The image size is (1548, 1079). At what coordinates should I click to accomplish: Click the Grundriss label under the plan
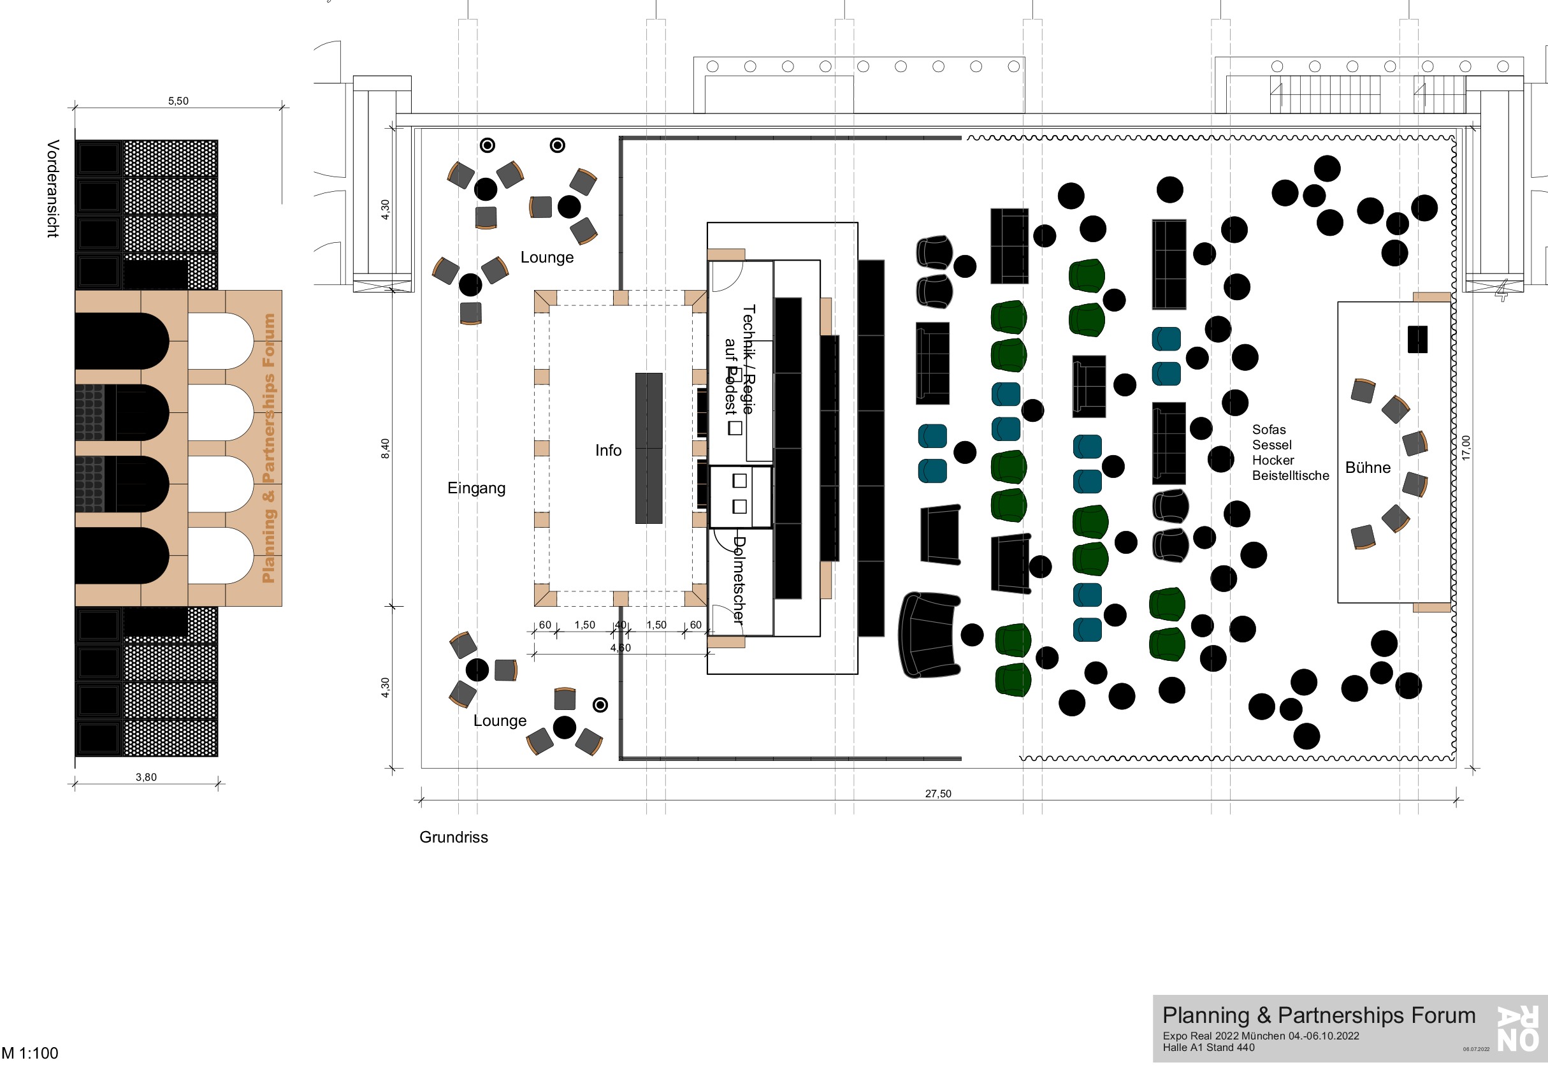[453, 837]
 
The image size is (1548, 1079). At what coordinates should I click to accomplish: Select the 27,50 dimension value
[938, 793]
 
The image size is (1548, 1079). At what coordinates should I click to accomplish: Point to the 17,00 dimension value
[1466, 448]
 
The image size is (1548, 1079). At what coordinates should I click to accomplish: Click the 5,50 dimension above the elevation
[178, 101]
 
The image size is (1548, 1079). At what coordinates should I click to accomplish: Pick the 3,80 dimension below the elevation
[146, 777]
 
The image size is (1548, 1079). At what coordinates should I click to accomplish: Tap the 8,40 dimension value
[385, 449]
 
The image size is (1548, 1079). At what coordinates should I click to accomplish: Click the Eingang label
[476, 488]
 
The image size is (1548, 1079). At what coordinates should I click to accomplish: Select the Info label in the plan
[608, 451]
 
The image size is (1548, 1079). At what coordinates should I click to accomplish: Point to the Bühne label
[1367, 468]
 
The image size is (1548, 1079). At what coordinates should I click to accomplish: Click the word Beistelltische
[1291, 476]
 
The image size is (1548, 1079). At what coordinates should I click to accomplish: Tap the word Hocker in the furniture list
[1273, 461]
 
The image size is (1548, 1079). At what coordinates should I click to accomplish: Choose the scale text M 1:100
[30, 1054]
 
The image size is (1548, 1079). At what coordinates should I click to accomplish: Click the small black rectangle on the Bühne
[1417, 339]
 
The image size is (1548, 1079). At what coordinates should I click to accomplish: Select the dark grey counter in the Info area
[649, 448]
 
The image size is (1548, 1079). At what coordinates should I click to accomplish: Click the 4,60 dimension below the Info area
[620, 648]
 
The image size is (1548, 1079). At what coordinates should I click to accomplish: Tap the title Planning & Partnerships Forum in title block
[1318, 1016]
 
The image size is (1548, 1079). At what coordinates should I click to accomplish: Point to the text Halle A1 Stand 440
[1208, 1048]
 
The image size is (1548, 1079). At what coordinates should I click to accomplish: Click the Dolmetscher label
[739, 580]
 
